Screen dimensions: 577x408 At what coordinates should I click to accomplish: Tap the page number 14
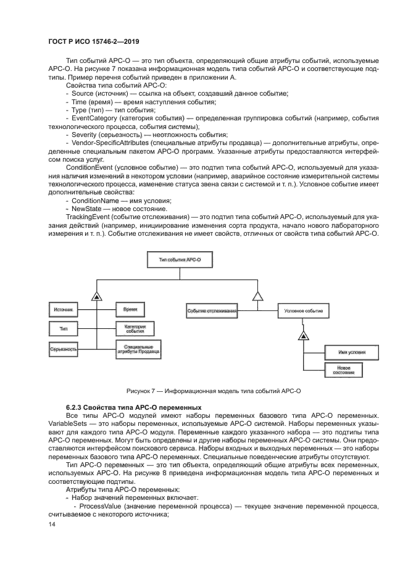coord(52,525)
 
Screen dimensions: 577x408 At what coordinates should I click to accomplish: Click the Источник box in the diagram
coord(64,309)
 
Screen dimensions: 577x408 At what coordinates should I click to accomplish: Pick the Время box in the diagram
coord(130,309)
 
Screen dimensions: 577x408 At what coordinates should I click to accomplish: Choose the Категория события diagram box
coord(135,328)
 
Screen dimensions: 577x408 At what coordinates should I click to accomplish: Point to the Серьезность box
coord(64,350)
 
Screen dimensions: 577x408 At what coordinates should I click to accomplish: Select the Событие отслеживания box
coord(212,312)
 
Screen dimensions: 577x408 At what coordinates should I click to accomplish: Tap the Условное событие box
coord(303,312)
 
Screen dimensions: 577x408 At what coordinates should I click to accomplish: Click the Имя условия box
coord(343,352)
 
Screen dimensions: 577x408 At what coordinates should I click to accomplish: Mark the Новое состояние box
coord(343,370)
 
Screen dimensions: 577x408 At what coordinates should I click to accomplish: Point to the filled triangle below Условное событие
coord(303,335)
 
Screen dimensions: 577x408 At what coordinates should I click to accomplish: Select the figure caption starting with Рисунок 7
coord(213,391)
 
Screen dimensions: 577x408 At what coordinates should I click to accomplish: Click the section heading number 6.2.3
coord(76,408)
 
